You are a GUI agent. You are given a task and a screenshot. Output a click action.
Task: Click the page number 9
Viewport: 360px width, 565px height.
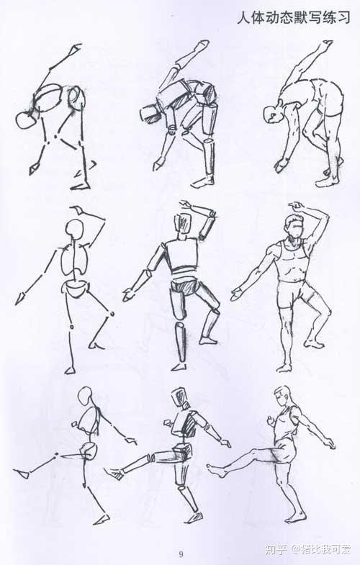pyautogui.click(x=181, y=553)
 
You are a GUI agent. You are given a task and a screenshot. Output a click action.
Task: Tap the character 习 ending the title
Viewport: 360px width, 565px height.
pyautogui.click(x=343, y=17)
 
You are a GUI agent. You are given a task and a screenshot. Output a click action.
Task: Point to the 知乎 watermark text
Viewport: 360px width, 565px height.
pyautogui.click(x=276, y=549)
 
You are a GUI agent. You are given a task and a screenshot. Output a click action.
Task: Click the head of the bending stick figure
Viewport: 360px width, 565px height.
pyautogui.click(x=26, y=119)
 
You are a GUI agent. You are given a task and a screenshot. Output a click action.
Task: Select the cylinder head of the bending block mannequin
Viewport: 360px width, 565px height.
pyautogui.click(x=150, y=113)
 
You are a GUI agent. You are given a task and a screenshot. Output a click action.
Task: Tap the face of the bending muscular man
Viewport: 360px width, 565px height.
pyautogui.click(x=272, y=115)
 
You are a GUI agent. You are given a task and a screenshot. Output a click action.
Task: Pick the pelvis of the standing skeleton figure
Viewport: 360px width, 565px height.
pyautogui.click(x=76, y=289)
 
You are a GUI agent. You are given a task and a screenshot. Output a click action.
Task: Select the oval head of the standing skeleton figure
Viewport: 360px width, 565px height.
pyautogui.click(x=76, y=229)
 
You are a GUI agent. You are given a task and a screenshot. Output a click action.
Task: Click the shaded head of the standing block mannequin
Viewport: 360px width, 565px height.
pyautogui.click(x=183, y=225)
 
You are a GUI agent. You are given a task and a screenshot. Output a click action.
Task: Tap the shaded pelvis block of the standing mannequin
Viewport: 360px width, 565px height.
pyautogui.click(x=184, y=288)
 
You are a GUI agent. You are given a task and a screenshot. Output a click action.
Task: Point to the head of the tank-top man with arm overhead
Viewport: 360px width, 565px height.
pyautogui.click(x=294, y=226)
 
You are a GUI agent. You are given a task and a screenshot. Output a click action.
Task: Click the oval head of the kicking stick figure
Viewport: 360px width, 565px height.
pyautogui.click(x=86, y=397)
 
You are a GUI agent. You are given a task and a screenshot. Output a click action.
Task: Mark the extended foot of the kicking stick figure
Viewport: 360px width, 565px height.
pyautogui.click(x=22, y=474)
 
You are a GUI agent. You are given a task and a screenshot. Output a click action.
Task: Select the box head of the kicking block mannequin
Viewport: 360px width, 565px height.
pyautogui.click(x=180, y=398)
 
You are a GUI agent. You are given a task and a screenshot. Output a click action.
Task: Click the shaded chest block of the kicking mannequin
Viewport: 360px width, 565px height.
pyautogui.click(x=186, y=424)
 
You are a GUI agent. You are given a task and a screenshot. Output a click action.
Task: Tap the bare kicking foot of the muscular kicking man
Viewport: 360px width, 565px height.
pyautogui.click(x=217, y=470)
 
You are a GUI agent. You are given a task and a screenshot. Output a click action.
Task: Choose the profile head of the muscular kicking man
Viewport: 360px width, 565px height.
pyautogui.click(x=282, y=397)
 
